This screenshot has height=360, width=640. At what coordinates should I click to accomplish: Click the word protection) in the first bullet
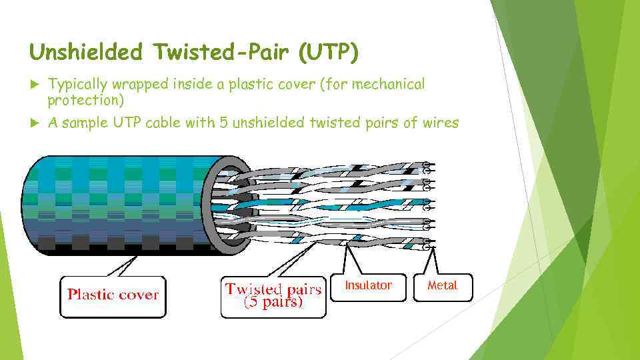85,100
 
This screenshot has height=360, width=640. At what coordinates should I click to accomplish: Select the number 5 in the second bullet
224,123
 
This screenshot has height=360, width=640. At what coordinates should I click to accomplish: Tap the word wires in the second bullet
438,123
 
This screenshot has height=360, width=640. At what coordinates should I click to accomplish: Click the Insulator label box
368,287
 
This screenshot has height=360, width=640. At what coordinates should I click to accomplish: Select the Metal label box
443,287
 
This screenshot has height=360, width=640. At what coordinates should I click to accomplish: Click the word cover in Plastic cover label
138,295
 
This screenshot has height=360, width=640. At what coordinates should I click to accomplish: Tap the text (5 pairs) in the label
273,303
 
